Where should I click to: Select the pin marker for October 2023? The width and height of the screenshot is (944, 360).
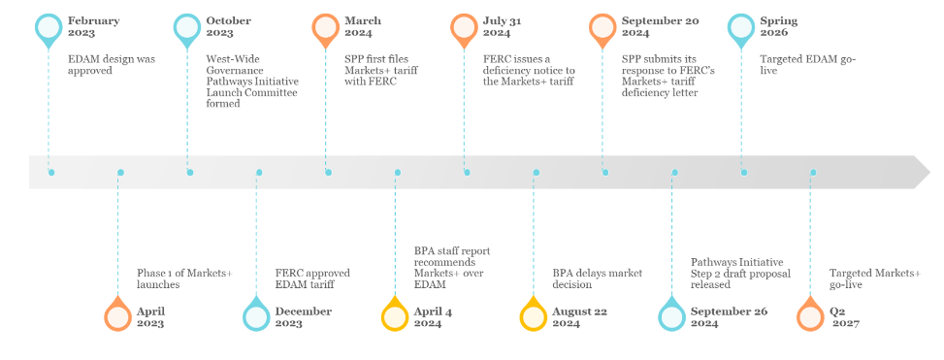pyautogui.click(x=187, y=28)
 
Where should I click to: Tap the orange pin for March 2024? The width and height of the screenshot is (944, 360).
pyautogui.click(x=326, y=28)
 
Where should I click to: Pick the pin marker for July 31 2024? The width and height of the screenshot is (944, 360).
pyautogui.click(x=465, y=28)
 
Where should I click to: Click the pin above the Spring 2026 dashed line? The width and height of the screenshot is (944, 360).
pyautogui.click(x=741, y=28)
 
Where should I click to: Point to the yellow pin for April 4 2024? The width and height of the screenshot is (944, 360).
pyautogui.click(x=395, y=314)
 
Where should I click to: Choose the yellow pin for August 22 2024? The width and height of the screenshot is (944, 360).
pyautogui.click(x=534, y=314)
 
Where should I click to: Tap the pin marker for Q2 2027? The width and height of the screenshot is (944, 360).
pyautogui.click(x=811, y=314)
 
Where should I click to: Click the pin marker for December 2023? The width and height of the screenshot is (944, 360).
pyautogui.click(x=256, y=314)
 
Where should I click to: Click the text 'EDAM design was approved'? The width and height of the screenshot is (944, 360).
pyautogui.click(x=112, y=65)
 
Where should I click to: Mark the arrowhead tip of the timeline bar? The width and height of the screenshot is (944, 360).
pyautogui.click(x=928, y=173)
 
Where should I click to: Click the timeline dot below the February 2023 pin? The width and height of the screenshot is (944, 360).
pyautogui.click(x=50, y=173)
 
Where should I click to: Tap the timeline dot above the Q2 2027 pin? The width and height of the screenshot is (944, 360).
pyautogui.click(x=813, y=173)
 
